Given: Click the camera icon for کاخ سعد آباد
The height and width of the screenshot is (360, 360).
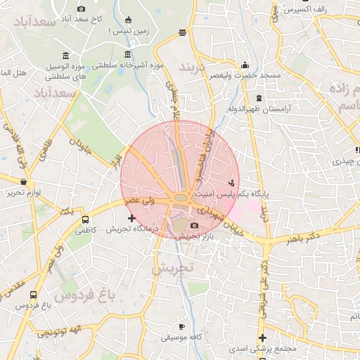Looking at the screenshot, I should [80, 8].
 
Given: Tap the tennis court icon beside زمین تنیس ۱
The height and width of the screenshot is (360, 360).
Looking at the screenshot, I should [127, 20].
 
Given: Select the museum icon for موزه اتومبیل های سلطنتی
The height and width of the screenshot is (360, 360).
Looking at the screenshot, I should [65, 56].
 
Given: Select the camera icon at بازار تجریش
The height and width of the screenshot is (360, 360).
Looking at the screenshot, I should [194, 226].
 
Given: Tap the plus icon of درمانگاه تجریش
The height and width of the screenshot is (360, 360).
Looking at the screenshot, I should [131, 219].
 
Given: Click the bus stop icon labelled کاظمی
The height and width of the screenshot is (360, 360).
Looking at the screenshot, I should [86, 219].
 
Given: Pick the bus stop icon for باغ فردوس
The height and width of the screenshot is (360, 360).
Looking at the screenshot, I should [34, 295].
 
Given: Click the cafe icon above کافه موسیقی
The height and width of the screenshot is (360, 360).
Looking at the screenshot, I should [181, 327].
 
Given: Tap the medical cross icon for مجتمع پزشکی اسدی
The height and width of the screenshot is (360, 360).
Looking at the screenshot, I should [261, 337].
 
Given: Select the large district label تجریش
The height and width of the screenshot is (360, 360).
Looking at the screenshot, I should [172, 268].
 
